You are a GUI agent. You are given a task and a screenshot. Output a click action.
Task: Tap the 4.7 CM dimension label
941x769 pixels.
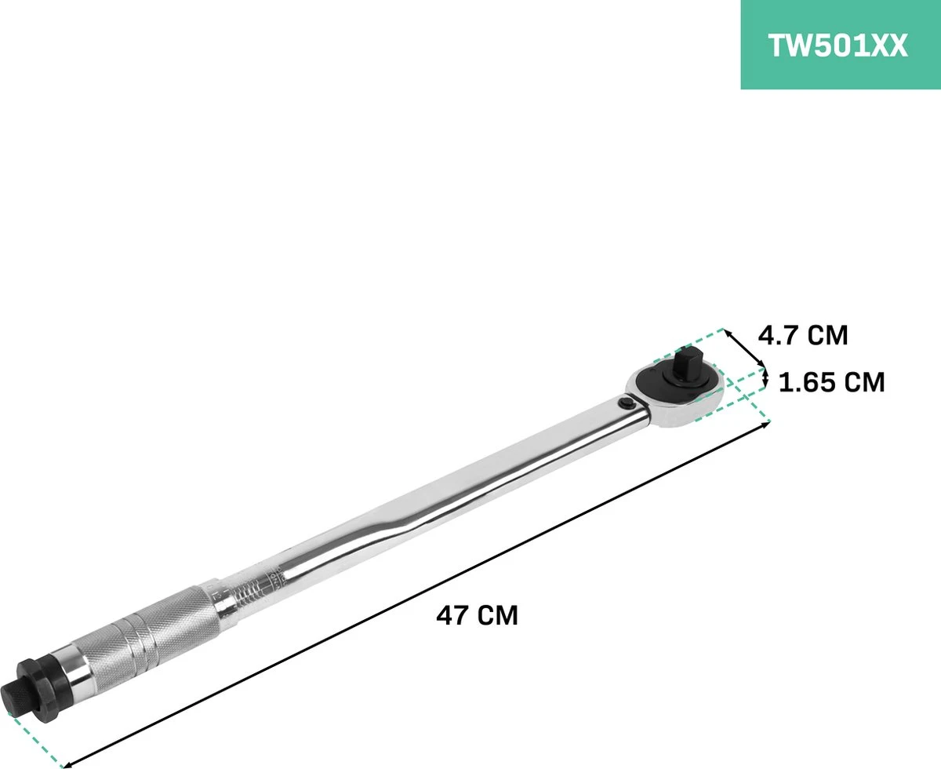[802, 335]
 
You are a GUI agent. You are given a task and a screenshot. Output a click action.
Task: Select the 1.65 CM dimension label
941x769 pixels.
[832, 382]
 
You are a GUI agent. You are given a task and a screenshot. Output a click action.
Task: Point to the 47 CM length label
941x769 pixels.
[477, 614]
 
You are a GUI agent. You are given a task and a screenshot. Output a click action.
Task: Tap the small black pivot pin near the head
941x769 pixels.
[625, 404]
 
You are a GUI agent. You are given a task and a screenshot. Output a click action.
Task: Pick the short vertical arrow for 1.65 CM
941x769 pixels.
[766, 379]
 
